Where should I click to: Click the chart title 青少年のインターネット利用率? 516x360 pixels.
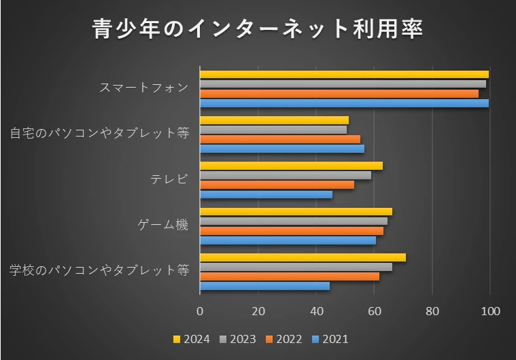258,30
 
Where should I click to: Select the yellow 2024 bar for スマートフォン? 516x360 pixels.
344,75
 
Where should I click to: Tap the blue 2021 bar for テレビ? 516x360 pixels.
266,195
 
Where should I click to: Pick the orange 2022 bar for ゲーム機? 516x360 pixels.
292,231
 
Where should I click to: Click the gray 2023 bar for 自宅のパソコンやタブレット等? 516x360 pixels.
273,130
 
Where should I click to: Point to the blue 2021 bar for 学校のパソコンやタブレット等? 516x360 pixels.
264,286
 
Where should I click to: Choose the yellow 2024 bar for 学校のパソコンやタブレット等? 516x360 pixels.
303,257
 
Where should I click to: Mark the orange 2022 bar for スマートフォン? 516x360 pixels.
339,94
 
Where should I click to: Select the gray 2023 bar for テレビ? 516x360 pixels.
286,175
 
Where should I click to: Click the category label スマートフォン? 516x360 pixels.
143,88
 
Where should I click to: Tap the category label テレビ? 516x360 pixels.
169,179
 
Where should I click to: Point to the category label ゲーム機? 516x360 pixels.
162,225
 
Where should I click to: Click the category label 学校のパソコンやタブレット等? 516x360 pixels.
99,270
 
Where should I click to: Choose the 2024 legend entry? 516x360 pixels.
192,339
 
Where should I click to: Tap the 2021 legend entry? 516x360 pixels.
330,339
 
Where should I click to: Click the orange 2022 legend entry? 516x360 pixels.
284,339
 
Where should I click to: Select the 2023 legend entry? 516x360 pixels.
238,339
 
